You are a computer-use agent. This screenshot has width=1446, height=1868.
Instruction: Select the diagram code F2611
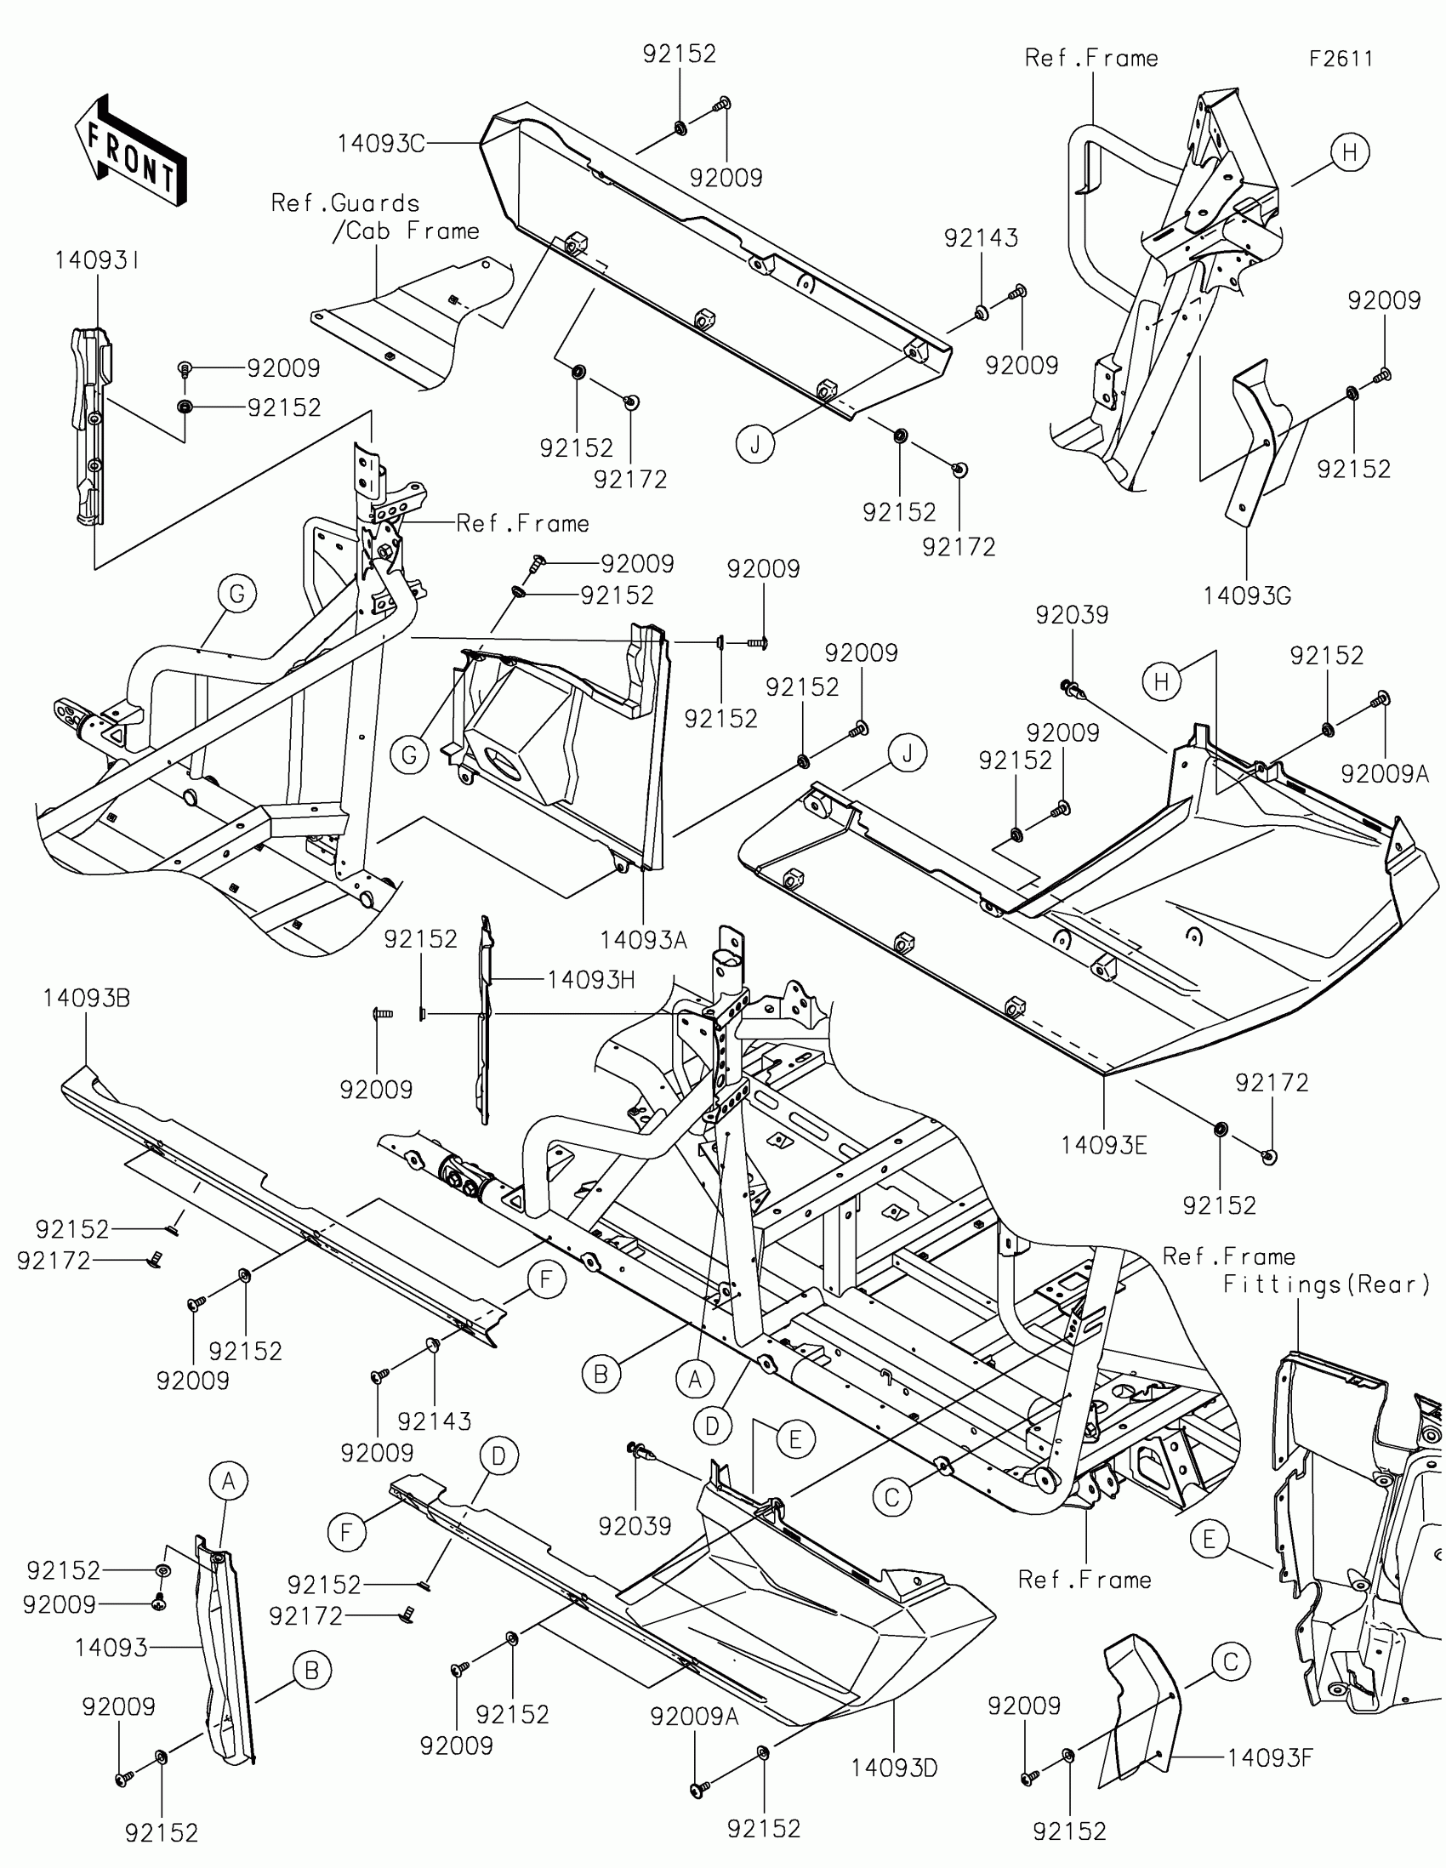coord(1340,59)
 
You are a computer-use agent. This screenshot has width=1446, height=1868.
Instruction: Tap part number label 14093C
coord(379,144)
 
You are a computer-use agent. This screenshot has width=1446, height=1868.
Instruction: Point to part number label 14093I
coord(97,261)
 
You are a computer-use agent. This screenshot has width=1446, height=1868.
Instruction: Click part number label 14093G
coord(1246,596)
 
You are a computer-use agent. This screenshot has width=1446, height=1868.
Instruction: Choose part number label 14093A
coord(643,941)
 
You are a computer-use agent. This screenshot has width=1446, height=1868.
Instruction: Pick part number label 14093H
coord(591,979)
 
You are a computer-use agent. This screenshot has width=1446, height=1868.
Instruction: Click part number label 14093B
coord(87,998)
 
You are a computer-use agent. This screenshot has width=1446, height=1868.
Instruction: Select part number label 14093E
coord(1103,1145)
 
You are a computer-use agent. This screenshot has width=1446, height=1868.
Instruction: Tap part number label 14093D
coord(894,1768)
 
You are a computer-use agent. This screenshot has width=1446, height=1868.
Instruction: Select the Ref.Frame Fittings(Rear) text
coord(1295,1270)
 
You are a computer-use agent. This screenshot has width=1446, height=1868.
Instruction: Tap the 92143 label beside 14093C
coord(981,238)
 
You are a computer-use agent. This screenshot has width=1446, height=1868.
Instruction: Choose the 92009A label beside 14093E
coord(1385,774)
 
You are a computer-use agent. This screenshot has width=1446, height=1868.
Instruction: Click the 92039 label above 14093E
coord(1072,615)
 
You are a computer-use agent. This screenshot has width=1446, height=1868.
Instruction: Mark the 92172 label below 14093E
coord(1272,1083)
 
